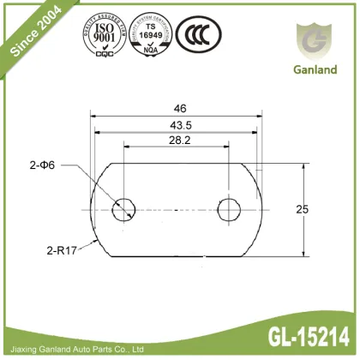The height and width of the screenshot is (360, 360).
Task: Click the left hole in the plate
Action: tap(126, 208)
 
